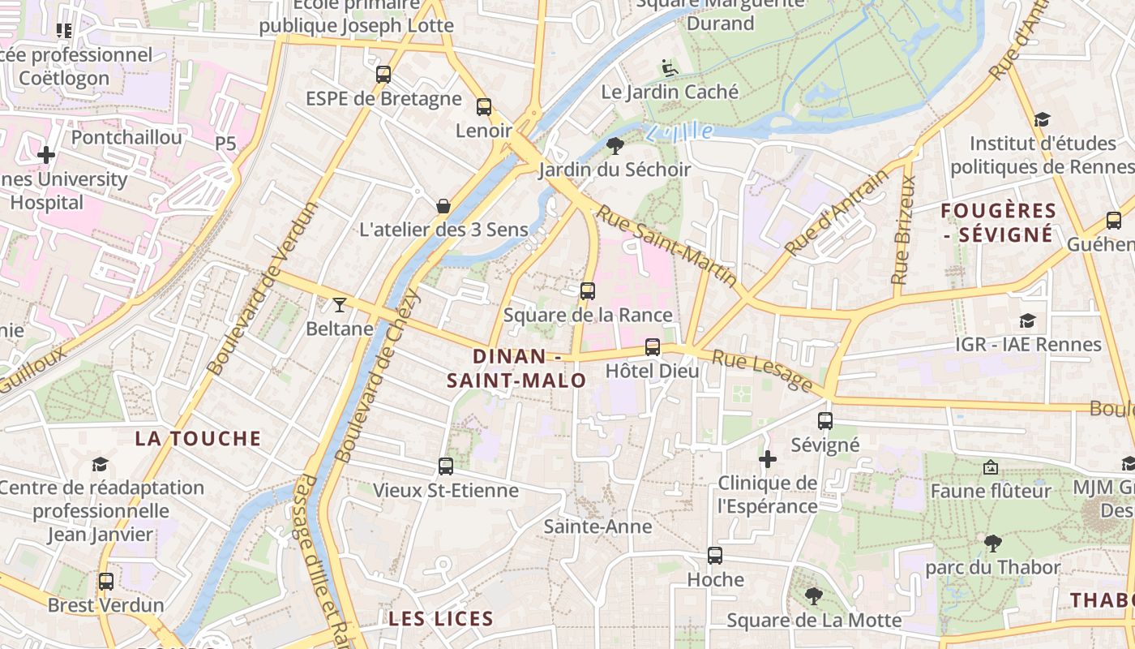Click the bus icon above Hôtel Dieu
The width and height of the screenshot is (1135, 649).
tap(653, 347)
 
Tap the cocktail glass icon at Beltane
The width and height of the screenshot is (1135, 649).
tap(339, 305)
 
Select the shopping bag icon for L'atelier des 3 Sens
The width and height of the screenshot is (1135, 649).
tap(443, 206)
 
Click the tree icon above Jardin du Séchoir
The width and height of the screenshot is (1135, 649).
tap(615, 146)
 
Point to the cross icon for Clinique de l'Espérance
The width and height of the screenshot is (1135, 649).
tap(767, 459)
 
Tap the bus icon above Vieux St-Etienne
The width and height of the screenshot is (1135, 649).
tap(445, 466)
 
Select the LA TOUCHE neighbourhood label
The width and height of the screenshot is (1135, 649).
tap(198, 439)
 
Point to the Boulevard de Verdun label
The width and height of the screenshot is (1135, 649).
tap(262, 288)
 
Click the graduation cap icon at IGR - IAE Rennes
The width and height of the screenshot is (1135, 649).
tap(1027, 320)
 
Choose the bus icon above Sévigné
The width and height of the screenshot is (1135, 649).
tap(825, 421)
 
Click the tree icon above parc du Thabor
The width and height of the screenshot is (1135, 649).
tap(992, 543)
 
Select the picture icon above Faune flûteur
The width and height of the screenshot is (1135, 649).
tap(990, 467)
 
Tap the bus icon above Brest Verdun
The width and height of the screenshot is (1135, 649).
tap(106, 582)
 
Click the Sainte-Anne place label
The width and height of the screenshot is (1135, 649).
tap(597, 527)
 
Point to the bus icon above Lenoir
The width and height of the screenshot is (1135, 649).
tap(484, 106)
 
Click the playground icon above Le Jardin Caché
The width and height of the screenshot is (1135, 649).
tap(670, 67)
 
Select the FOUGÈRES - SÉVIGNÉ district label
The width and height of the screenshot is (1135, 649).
tap(999, 223)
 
